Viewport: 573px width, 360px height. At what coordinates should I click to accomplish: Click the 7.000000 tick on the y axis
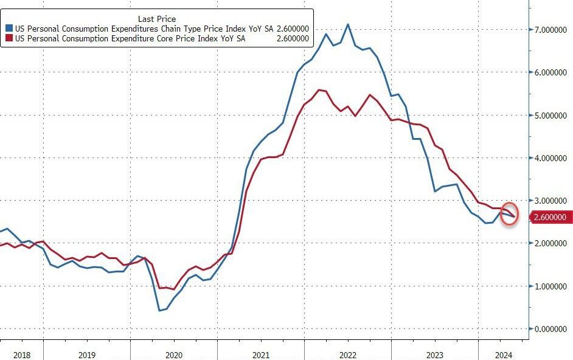click(551, 30)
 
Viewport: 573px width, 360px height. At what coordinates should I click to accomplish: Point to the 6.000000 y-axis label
click(551, 72)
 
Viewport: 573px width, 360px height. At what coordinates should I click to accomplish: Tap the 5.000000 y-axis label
click(551, 115)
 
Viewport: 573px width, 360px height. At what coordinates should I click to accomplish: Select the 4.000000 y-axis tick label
click(551, 158)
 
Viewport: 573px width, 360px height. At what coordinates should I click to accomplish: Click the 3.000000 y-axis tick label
click(551, 201)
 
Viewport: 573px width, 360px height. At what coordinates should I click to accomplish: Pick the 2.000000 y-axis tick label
click(551, 243)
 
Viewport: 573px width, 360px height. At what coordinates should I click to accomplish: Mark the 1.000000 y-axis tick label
click(551, 286)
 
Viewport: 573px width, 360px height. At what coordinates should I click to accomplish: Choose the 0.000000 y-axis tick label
click(551, 329)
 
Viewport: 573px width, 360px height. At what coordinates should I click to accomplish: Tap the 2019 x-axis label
click(86, 354)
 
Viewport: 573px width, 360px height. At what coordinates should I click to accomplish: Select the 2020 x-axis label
click(173, 354)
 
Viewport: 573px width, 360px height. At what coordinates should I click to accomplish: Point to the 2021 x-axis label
click(260, 354)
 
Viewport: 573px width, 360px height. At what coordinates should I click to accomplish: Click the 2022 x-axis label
click(347, 354)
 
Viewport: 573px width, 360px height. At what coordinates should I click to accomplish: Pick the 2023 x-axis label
click(434, 354)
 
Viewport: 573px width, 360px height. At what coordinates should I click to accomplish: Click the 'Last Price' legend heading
click(157, 19)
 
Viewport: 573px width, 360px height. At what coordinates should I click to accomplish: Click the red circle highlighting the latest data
click(510, 213)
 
